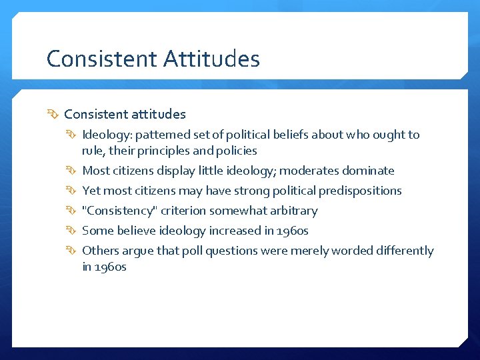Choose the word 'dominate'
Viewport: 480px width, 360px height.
click(368, 171)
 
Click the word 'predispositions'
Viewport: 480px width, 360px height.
click(359, 191)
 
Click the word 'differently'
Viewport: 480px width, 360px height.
click(401, 251)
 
